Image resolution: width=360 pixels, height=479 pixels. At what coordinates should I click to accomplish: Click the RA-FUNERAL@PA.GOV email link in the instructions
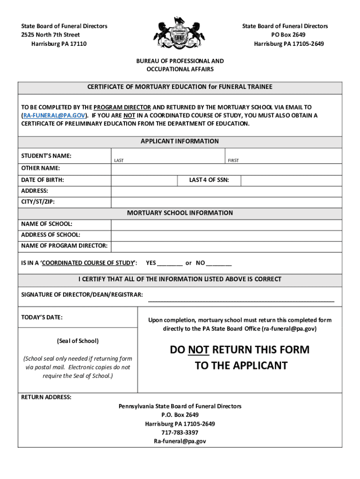coord(54,115)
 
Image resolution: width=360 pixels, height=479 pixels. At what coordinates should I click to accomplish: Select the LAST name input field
coord(168,156)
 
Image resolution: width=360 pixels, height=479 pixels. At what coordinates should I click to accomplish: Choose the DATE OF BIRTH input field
coord(144,180)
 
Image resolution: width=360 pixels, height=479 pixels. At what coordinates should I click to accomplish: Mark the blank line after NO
coord(219,263)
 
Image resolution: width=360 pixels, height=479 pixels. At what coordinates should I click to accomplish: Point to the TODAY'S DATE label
coord(42,318)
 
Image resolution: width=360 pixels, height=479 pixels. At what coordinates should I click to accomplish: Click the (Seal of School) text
coord(78,341)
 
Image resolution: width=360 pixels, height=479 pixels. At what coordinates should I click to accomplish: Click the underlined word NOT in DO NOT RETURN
coord(198,350)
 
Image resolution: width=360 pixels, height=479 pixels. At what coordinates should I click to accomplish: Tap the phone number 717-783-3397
coord(180,433)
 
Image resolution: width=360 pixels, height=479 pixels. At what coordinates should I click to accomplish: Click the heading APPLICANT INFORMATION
coord(180,141)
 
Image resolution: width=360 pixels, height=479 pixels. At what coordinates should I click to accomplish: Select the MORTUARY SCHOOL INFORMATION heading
coord(180,213)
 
